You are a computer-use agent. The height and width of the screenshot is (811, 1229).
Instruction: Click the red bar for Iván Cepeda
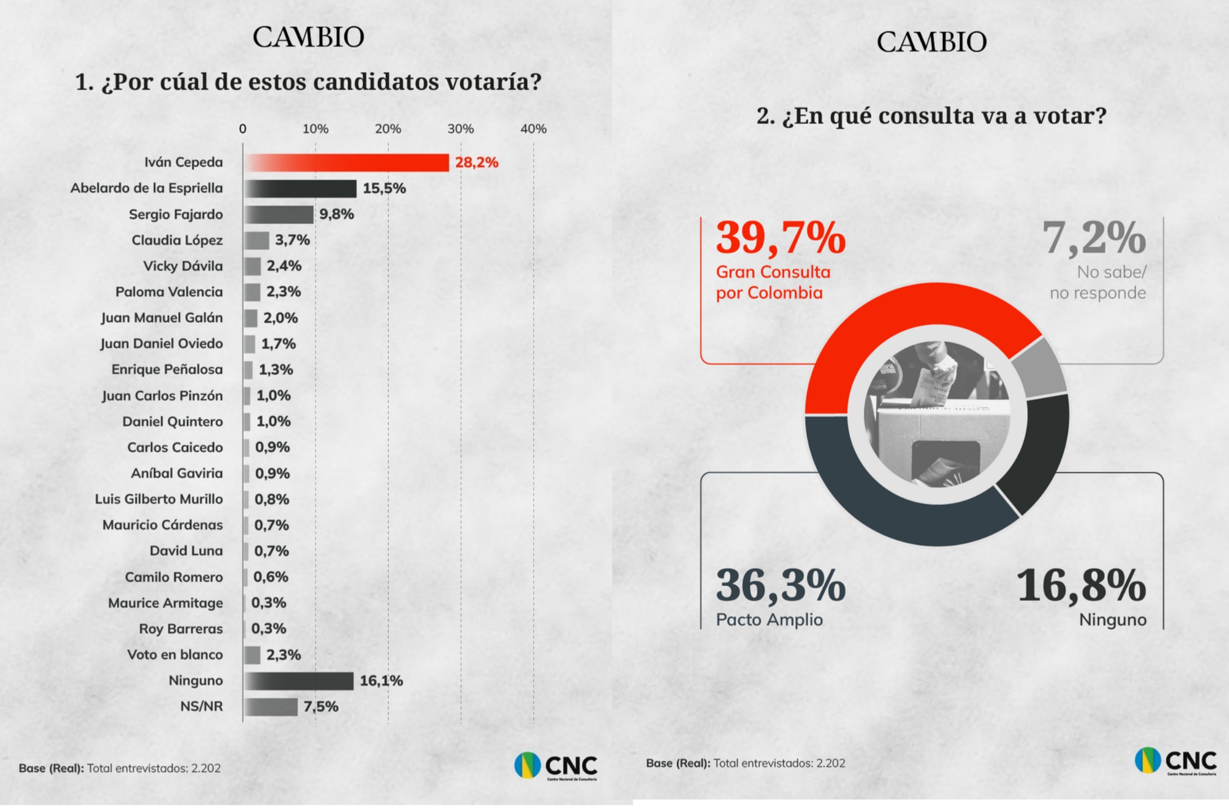click(347, 163)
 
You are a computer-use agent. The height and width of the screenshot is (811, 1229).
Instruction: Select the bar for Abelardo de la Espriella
click(301, 189)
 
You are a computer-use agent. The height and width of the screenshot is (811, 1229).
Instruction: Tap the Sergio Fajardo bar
click(279, 215)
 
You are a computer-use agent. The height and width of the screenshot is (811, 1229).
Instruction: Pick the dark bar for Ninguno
click(299, 681)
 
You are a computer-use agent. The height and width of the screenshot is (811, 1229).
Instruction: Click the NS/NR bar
click(271, 707)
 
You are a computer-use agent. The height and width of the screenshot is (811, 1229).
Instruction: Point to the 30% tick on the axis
click(461, 129)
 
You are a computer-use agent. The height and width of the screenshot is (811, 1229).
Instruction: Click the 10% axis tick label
click(315, 129)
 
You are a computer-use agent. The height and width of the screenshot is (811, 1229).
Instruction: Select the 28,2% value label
click(477, 163)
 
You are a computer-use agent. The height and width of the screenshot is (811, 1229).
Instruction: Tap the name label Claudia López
click(177, 240)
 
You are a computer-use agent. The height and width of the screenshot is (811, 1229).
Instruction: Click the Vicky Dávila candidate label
click(182, 266)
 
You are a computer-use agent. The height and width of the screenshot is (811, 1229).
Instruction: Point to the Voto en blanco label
click(175, 655)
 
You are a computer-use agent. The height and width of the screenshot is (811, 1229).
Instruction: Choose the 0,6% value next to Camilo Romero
click(270, 577)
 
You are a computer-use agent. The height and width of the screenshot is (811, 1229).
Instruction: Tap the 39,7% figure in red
click(781, 238)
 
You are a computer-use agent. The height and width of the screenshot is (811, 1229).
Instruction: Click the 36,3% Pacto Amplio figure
click(781, 586)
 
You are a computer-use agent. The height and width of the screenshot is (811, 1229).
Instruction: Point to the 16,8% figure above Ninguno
click(1080, 586)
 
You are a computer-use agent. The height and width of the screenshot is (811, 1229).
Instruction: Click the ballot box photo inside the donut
click(937, 415)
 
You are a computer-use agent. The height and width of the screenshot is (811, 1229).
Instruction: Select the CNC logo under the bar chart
click(555, 767)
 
